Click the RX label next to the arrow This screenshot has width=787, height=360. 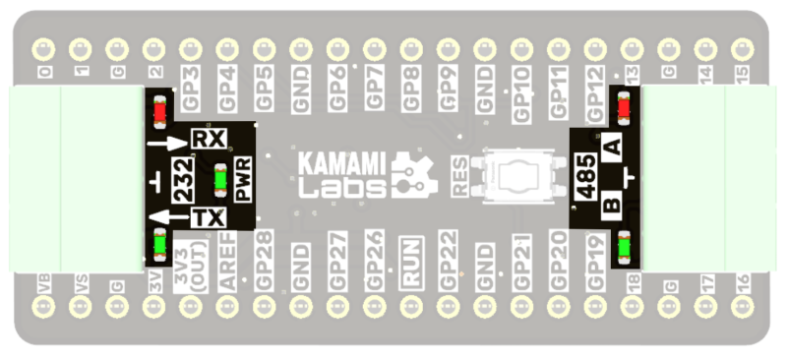(208, 140)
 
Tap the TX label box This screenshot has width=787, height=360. (208, 218)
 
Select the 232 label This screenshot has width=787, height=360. (184, 180)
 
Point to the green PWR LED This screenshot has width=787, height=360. (220, 180)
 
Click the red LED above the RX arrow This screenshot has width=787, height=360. (158, 111)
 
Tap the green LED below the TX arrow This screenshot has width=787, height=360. (158, 245)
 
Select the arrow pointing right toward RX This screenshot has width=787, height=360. (166, 144)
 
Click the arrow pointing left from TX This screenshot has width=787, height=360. (166, 217)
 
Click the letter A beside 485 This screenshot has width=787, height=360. (612, 149)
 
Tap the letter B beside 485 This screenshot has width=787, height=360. (611, 207)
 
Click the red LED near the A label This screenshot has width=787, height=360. (623, 107)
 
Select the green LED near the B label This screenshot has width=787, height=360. (623, 247)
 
